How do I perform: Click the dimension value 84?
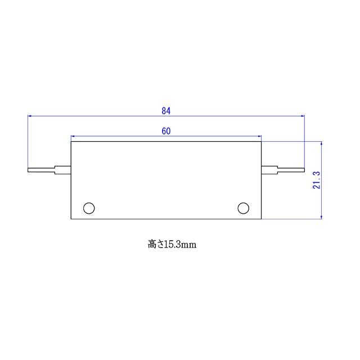[x=166, y=111]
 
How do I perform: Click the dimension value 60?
[x=166, y=131]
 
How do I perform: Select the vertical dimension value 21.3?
[x=317, y=181]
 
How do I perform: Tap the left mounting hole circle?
[x=89, y=208]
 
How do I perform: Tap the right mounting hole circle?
[x=243, y=208]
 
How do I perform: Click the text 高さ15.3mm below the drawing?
[x=172, y=245]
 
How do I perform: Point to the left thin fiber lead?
[x=41, y=169]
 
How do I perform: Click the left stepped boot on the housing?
[x=62, y=169]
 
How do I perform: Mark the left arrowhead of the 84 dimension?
[x=30, y=116]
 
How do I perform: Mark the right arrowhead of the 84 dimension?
[x=302, y=116]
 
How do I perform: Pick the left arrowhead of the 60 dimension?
[x=73, y=136]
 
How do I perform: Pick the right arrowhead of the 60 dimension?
[x=259, y=136]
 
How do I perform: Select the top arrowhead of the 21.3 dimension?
[x=321, y=143]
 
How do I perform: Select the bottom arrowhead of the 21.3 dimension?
[x=321, y=217]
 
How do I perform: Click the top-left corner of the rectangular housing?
[x=71, y=141]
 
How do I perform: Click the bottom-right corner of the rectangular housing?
[x=262, y=219]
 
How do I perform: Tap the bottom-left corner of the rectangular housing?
[x=71, y=219]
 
